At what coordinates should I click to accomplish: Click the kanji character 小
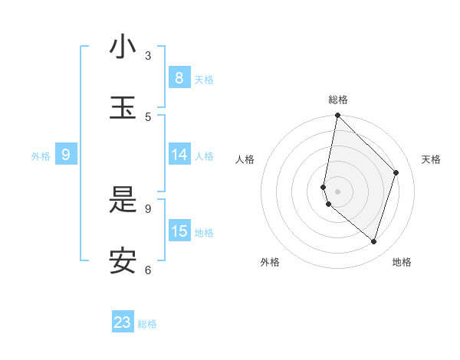[122, 47]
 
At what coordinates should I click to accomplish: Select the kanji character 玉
[122, 108]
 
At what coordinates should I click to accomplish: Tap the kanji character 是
[122, 200]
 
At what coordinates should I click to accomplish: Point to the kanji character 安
[122, 261]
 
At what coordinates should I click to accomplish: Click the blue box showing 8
[179, 77]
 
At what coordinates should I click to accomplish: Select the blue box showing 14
[179, 155]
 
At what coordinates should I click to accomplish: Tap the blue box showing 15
[179, 231]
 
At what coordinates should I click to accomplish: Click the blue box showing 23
[123, 322]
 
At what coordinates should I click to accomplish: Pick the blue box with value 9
[66, 155]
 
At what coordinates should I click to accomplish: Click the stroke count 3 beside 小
[148, 55]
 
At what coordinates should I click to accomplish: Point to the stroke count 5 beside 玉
[148, 116]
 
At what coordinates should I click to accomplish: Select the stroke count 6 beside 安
[148, 270]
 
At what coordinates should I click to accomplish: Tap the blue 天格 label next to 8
[204, 79]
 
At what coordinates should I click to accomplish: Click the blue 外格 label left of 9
[41, 156]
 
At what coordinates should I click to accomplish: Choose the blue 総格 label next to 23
[147, 324]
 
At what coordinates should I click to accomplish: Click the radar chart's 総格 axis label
[338, 100]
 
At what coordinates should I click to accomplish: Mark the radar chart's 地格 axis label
[402, 262]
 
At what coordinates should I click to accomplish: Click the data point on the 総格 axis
[337, 116]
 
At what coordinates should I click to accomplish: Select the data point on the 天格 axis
[396, 172]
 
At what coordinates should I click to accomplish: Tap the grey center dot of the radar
[337, 191]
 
